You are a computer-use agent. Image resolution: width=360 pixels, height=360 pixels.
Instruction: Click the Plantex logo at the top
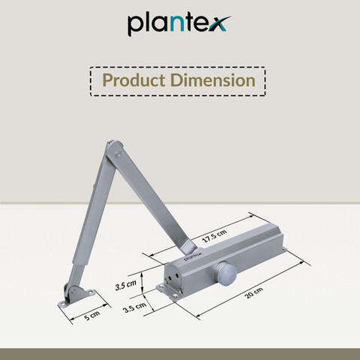(x=179, y=24)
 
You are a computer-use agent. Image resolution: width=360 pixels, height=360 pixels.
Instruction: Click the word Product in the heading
(x=133, y=80)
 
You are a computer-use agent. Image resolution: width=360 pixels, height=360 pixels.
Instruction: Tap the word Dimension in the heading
(x=213, y=80)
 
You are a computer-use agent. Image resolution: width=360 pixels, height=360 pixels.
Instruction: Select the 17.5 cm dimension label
(x=214, y=235)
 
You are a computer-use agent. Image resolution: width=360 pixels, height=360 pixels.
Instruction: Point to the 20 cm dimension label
(x=253, y=292)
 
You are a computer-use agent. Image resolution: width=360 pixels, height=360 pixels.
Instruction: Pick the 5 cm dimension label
(x=91, y=316)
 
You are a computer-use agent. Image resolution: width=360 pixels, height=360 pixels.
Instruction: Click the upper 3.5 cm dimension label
(x=125, y=285)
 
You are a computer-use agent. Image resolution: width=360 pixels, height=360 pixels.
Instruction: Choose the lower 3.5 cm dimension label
(x=135, y=307)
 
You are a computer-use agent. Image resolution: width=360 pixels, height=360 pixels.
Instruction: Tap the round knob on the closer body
(x=226, y=274)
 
